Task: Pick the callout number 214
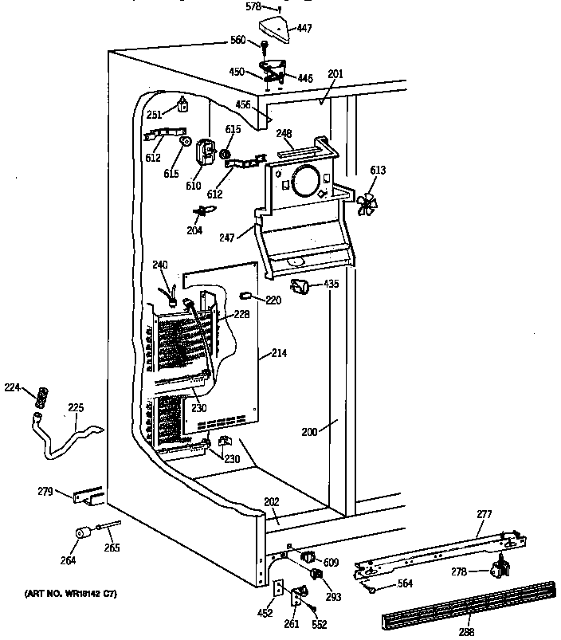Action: click(x=279, y=352)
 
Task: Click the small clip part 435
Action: click(x=301, y=286)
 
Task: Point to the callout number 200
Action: click(x=309, y=432)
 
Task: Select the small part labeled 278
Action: click(x=500, y=568)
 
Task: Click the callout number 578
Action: click(x=252, y=6)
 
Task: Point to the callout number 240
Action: click(x=160, y=265)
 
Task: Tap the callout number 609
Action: click(x=331, y=561)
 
